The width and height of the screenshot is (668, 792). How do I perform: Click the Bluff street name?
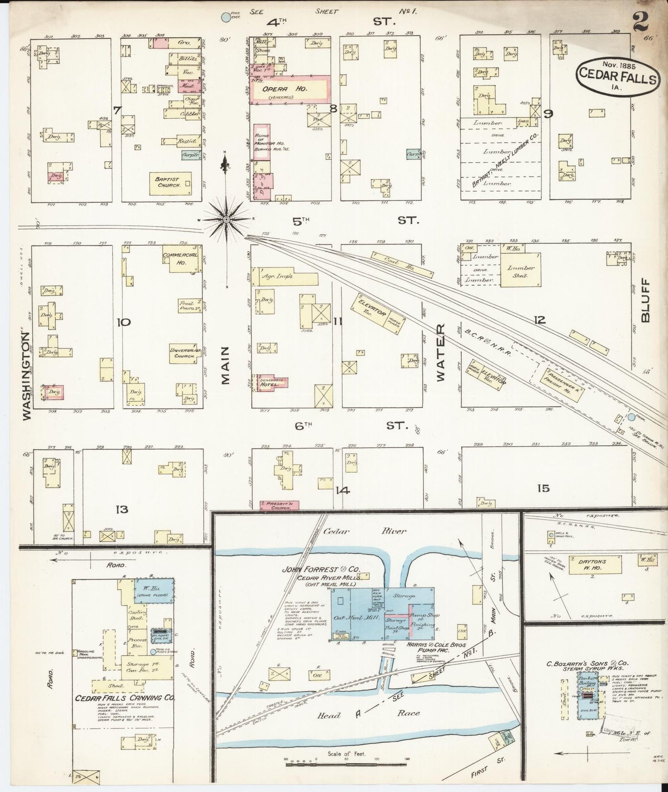(x=645, y=300)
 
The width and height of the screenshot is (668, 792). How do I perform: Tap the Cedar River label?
(x=352, y=531)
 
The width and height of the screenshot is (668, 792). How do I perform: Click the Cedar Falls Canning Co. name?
(x=125, y=698)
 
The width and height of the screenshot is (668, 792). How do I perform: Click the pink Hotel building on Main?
(x=272, y=383)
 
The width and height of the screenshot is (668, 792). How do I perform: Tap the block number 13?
(x=122, y=510)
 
